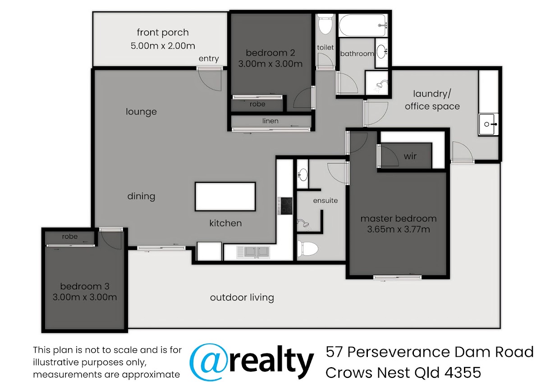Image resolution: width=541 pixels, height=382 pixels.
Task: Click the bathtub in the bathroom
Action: [363, 25]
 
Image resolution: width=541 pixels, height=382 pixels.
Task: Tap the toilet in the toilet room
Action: [325, 24]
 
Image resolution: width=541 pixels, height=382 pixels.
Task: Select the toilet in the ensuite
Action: [307, 249]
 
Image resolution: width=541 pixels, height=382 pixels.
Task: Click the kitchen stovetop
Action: [285, 206]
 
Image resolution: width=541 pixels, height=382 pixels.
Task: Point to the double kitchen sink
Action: [253, 252]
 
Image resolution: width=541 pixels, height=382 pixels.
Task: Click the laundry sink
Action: [488, 124]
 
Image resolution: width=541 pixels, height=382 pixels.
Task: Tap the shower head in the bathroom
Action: [381, 85]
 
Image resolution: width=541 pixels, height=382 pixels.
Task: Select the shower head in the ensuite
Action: [304, 224]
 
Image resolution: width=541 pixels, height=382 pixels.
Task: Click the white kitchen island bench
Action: [225, 197]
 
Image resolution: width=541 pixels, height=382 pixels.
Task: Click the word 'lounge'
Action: [141, 112]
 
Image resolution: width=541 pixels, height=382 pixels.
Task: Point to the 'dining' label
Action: [141, 196]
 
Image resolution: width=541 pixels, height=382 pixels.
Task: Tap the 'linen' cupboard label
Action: [270, 121]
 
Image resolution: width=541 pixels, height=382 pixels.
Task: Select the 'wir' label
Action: [410, 156]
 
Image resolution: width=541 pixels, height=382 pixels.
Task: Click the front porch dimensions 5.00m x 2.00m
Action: [163, 46]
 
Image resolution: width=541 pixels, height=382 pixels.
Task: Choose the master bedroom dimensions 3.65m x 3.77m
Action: [399, 229]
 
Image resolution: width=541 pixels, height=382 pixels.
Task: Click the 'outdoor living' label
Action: [242, 297]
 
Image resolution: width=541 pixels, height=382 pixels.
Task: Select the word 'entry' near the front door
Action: [209, 59]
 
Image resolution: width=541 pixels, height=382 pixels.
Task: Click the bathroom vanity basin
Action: [381, 52]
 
